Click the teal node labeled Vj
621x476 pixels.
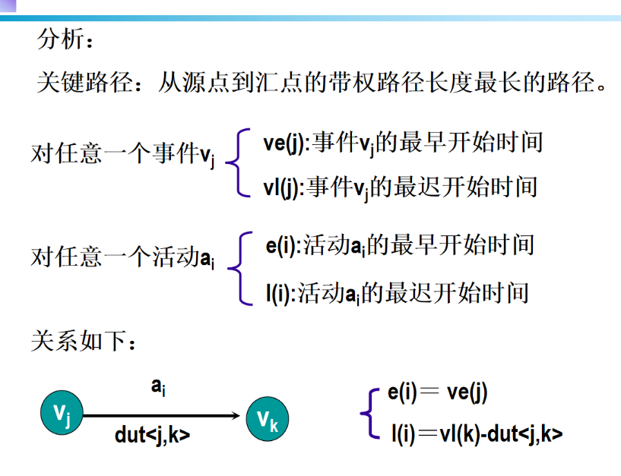(62, 414)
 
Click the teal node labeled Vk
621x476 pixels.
(267, 418)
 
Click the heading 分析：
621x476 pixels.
(66, 39)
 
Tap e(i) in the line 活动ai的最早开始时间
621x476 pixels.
(280, 246)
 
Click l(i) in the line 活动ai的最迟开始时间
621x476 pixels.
(280, 292)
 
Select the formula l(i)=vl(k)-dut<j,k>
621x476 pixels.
(477, 434)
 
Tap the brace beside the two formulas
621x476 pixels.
(370, 414)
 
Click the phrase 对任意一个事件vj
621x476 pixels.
(123, 155)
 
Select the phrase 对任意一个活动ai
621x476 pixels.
(122, 258)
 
